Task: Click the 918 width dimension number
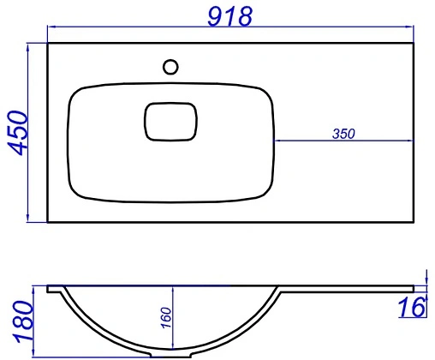(230, 16)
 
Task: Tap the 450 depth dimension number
(18, 133)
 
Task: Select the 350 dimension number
(343, 134)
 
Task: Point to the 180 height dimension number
(23, 321)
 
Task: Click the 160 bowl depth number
(166, 318)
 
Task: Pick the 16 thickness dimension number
(412, 307)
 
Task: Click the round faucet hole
(170, 67)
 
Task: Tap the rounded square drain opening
(170, 122)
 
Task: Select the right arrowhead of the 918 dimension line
(410, 27)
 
